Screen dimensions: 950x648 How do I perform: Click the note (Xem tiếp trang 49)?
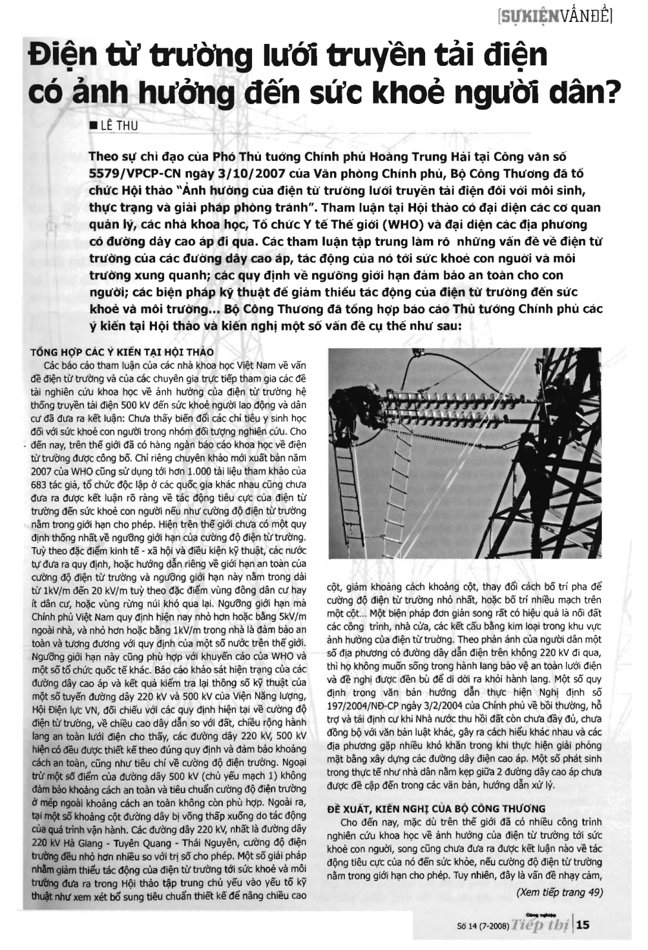click(559, 892)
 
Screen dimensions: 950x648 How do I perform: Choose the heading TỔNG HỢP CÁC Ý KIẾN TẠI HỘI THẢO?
click(122, 352)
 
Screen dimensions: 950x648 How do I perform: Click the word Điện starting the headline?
click(63, 56)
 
